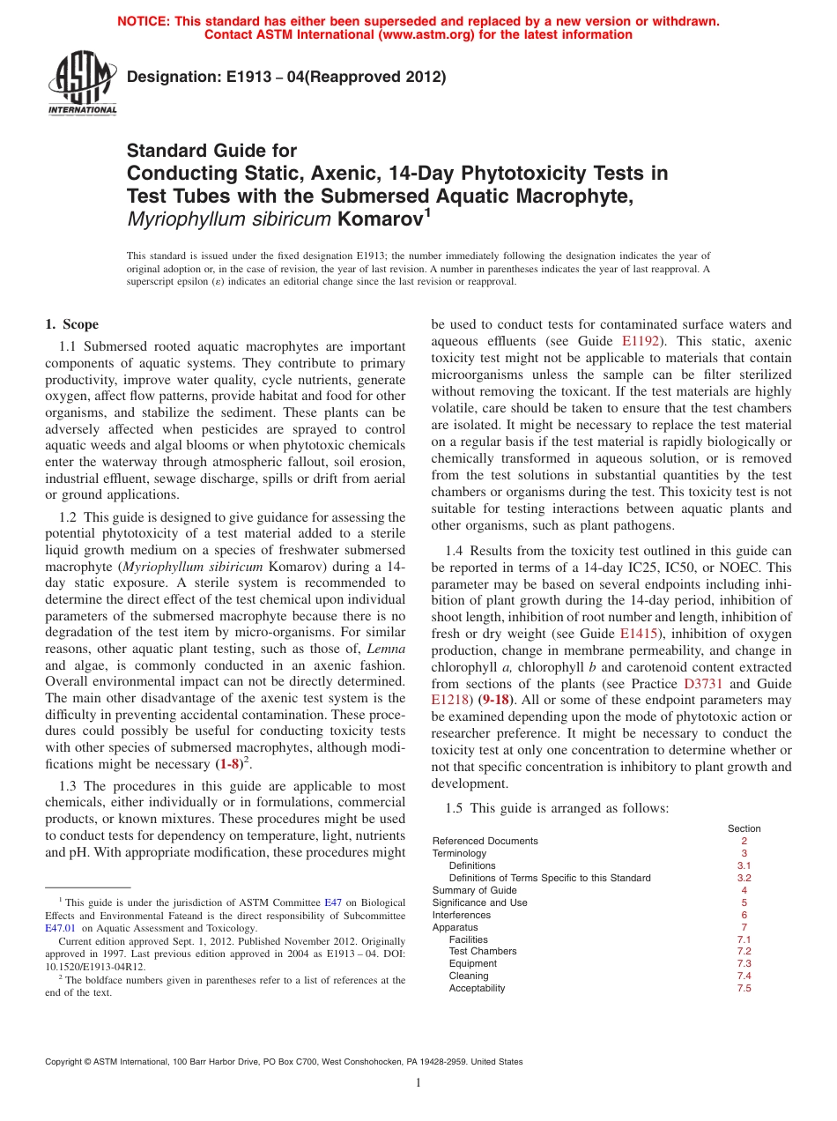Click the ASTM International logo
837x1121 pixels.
[82, 84]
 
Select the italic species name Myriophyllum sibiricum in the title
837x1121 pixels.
[230, 219]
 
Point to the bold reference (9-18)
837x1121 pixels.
[497, 701]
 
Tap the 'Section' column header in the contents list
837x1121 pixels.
[744, 828]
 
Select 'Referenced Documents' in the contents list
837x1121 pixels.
[485, 841]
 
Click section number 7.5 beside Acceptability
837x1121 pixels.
[744, 989]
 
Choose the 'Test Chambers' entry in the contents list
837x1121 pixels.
[483, 952]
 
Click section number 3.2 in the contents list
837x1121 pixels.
[744, 878]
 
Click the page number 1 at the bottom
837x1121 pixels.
[418, 1083]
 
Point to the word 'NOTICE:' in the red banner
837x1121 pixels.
[145, 21]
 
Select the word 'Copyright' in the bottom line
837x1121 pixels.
[65, 1062]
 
